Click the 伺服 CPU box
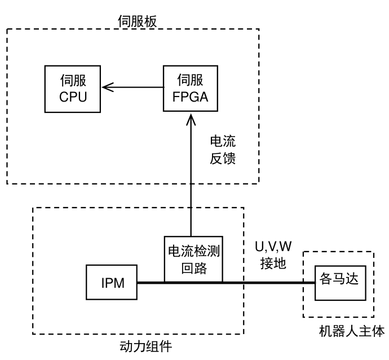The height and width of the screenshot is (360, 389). (72, 89)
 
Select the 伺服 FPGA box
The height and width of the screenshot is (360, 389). (191, 89)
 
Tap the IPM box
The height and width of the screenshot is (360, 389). (112, 282)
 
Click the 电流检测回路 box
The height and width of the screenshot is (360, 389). (193, 259)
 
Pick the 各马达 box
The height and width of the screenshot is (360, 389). (341, 283)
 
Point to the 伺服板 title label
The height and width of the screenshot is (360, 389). (137, 21)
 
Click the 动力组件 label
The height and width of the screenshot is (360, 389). (145, 346)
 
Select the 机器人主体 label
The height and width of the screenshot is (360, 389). (352, 331)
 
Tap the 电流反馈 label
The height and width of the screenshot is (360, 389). (223, 150)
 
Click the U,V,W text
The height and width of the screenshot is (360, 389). (273, 247)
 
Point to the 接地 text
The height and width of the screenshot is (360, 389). (273, 263)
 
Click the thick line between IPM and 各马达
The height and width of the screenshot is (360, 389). (226, 283)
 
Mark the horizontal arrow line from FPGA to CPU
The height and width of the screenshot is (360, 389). (132, 87)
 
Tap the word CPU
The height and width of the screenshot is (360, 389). (73, 97)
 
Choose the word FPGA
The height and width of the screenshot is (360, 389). (191, 97)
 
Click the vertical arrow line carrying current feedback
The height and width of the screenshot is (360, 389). (191, 175)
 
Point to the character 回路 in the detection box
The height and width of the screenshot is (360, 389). (194, 269)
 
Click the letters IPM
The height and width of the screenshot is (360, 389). (113, 283)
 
